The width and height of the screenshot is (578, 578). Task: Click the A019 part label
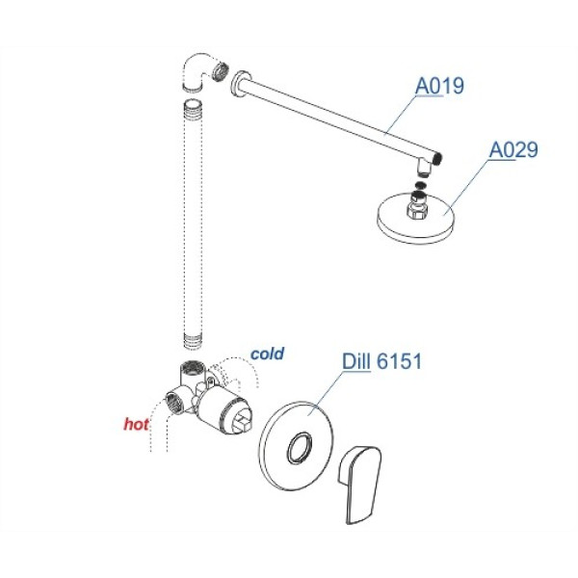(x=439, y=87)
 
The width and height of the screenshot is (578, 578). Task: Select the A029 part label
(x=513, y=150)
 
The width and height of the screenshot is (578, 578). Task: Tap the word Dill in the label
(x=356, y=361)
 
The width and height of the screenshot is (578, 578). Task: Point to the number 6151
(x=400, y=361)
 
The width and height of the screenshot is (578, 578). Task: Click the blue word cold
(x=267, y=354)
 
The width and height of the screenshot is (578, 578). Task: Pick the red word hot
(x=136, y=424)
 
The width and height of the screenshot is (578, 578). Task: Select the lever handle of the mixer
(x=359, y=485)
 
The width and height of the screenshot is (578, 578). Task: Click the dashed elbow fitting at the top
(x=195, y=72)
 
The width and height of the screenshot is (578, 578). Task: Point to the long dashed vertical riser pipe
(x=193, y=224)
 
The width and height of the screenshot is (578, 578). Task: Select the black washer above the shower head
(x=420, y=185)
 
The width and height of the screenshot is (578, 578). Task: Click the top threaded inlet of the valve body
(x=191, y=368)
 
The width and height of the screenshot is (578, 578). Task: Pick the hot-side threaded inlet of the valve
(x=172, y=402)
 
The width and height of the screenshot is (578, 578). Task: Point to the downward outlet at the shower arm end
(x=426, y=168)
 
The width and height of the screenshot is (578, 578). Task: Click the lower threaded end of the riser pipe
(x=193, y=341)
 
